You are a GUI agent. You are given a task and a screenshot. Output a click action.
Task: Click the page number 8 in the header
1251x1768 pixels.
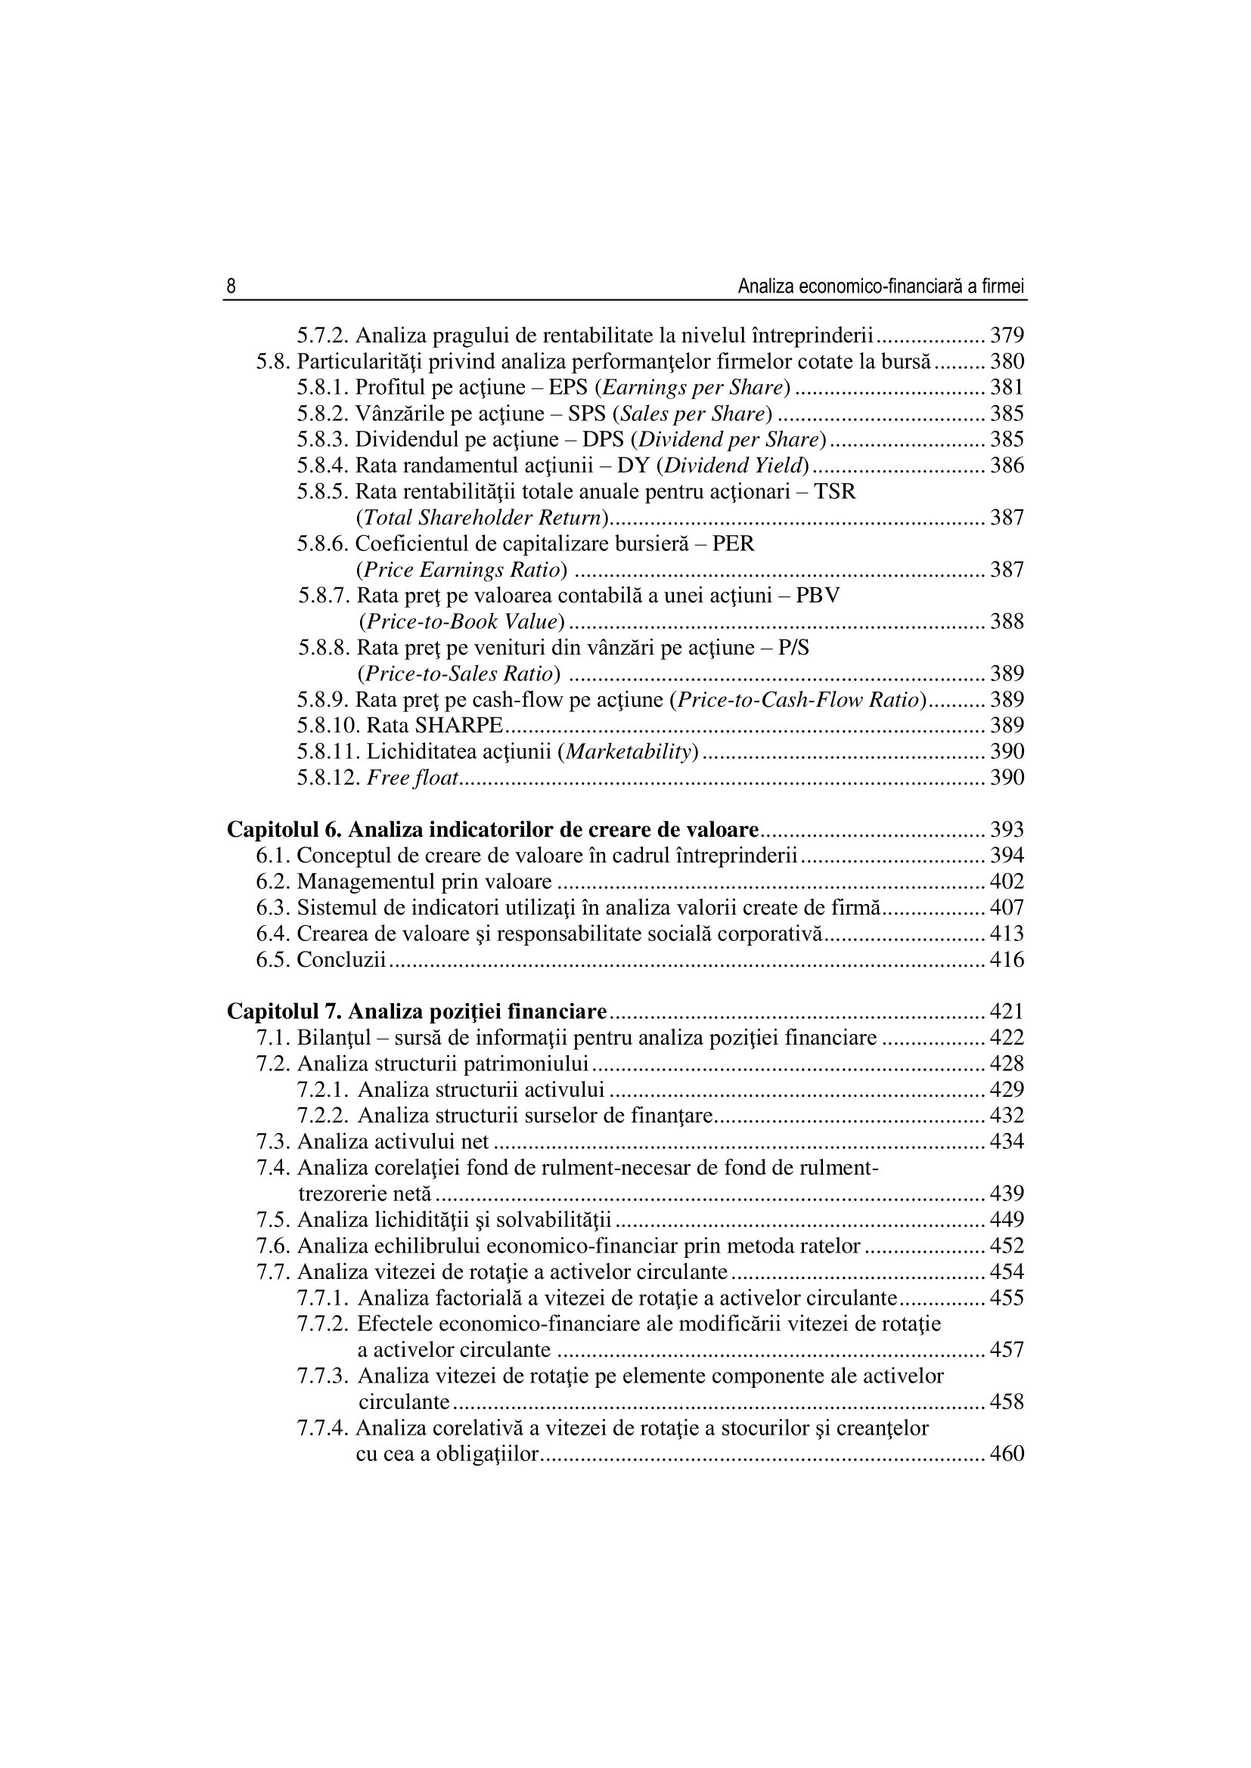231,287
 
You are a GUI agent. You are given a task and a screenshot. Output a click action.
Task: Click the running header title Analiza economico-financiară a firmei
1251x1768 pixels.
881,287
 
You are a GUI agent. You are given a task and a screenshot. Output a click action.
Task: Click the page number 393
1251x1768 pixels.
1007,830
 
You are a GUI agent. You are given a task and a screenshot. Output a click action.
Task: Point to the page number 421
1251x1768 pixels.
1007,1012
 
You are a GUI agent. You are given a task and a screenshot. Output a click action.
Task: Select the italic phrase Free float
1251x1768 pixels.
413,778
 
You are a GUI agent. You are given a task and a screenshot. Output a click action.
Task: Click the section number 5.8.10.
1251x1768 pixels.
328,726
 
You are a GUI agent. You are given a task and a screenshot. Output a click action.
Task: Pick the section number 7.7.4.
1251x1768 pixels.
324,1429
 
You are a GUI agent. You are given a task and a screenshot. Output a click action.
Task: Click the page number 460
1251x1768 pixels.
1007,1454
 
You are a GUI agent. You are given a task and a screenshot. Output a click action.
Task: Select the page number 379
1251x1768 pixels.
1007,336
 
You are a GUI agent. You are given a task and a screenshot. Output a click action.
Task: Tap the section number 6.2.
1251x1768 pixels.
274,881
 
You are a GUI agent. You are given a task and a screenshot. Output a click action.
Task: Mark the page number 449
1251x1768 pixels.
1007,1220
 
